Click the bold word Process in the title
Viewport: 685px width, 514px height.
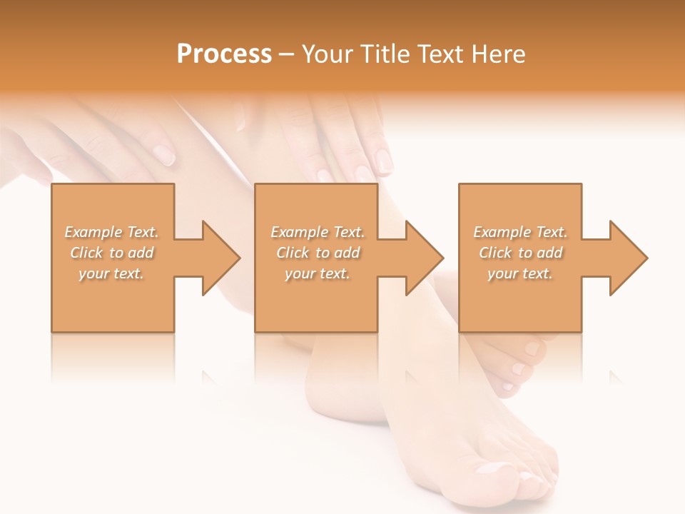[224, 54]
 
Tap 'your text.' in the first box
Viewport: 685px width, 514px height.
[111, 274]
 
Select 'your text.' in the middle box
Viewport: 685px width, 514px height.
[317, 274]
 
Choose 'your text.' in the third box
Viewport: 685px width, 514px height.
[519, 274]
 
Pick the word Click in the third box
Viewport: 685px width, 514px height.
[495, 253]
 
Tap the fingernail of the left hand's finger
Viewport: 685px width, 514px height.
[165, 154]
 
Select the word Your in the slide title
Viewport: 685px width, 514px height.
[325, 54]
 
